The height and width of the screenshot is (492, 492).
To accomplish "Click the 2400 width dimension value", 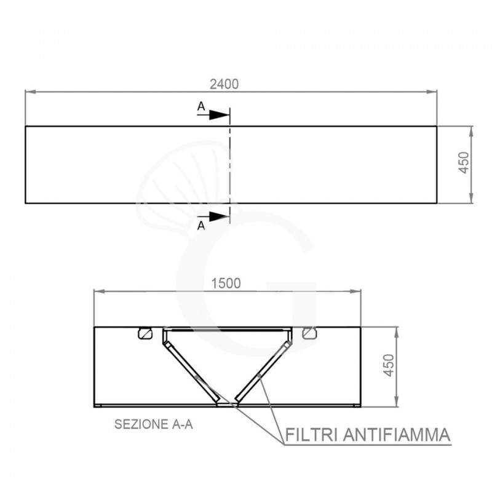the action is coord(224,84).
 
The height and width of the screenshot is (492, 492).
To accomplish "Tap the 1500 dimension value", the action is coord(226,284).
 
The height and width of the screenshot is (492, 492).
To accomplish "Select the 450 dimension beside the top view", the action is coord(464,162).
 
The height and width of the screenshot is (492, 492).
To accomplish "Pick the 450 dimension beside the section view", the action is coord(389,365).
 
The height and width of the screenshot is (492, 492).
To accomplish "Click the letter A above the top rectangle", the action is coord(201,106).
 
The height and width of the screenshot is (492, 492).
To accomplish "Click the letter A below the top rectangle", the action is coord(201,225).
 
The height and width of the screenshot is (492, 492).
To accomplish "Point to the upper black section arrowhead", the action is coord(220,115).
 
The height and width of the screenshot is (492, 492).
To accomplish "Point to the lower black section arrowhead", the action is coord(220,216).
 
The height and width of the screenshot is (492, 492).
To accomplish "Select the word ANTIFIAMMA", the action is coord(397,435).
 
